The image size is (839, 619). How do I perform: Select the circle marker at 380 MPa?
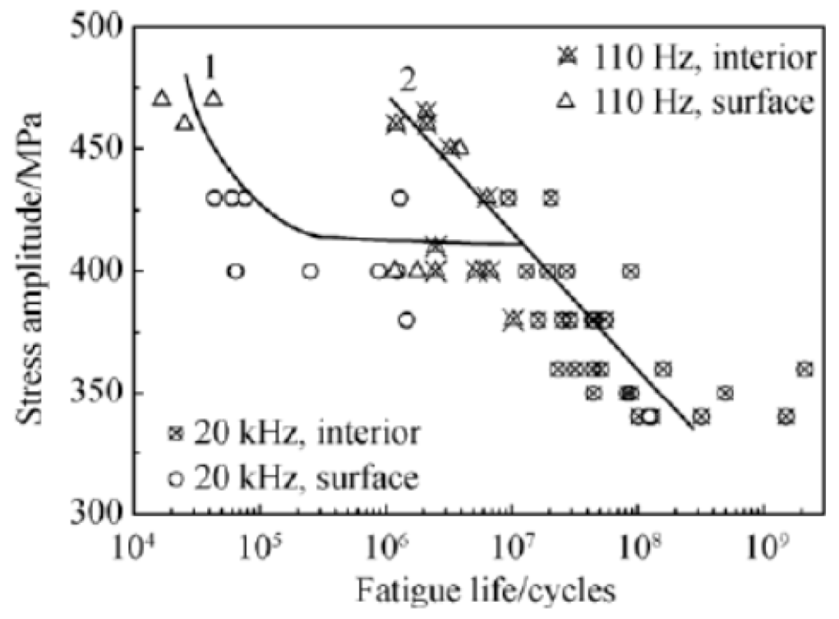coord(407,320)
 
